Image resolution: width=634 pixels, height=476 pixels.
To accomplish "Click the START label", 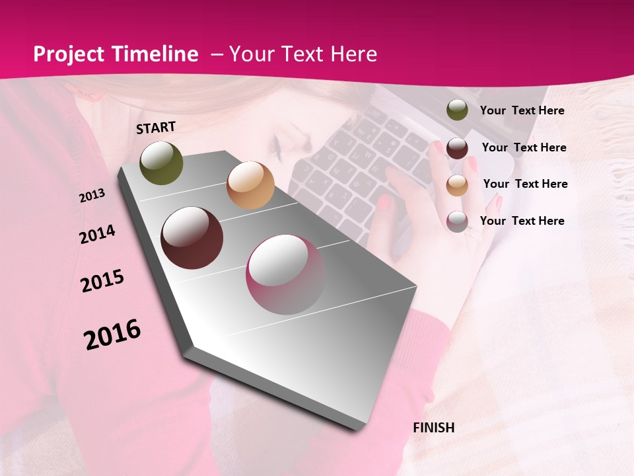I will pyautogui.click(x=156, y=128).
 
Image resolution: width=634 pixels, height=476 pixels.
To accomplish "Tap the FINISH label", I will pyautogui.click(x=433, y=428).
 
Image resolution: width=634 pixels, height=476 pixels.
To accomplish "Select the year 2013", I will pyautogui.click(x=92, y=195).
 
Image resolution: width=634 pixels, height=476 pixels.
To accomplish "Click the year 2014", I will pyautogui.click(x=97, y=234).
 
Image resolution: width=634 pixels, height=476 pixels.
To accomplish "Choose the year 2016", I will pyautogui.click(x=112, y=334).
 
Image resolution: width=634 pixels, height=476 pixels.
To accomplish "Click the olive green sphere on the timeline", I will pyautogui.click(x=161, y=163).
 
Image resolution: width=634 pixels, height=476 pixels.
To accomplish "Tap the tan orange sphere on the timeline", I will pyautogui.click(x=250, y=185).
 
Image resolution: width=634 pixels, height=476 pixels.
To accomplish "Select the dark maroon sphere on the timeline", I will pyautogui.click(x=192, y=238).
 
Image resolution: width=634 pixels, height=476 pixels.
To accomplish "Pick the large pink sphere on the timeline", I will pyautogui.click(x=286, y=274).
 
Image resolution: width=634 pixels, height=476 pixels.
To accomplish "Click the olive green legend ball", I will pyautogui.click(x=457, y=110).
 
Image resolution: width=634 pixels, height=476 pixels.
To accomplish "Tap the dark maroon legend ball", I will pyautogui.click(x=457, y=148).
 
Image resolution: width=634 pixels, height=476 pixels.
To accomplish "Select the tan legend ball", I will pyautogui.click(x=457, y=185).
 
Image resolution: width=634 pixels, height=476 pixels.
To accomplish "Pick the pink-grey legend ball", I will pyautogui.click(x=457, y=221).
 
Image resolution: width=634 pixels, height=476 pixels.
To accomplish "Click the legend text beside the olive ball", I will pyautogui.click(x=522, y=110).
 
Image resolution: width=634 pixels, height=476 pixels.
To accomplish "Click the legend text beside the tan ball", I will pyautogui.click(x=525, y=184).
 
